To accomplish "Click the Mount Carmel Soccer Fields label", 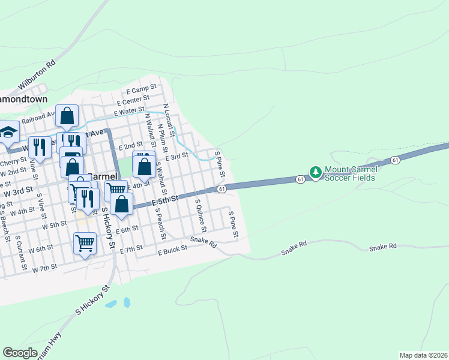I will (x=351, y=173).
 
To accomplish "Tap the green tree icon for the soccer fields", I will (x=316, y=173).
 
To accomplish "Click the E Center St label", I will (x=134, y=99).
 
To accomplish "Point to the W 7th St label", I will (x=45, y=267).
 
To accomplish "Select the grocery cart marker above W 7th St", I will (x=85, y=243).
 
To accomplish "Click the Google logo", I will (x=20, y=353).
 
